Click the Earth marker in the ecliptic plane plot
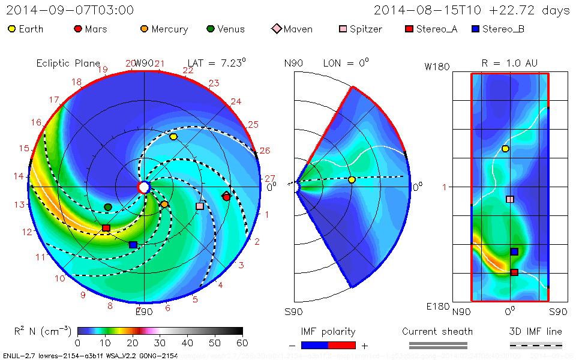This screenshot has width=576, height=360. click(173, 137)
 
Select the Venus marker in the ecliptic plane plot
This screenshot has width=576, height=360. click(108, 207)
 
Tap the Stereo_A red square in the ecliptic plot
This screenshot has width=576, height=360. click(106, 228)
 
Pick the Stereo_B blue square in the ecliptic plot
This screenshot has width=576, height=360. click(133, 245)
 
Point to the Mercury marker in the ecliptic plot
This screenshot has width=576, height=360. click(164, 205)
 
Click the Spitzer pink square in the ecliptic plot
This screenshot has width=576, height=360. click(200, 206)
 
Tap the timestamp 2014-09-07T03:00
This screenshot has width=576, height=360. click(70, 10)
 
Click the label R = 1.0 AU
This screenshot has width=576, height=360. click(509, 63)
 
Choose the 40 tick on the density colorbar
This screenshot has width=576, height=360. click(187, 343)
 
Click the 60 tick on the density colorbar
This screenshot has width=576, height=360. click(242, 343)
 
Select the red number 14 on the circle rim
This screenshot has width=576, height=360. click(19, 176)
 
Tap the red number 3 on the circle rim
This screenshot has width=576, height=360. click(241, 265)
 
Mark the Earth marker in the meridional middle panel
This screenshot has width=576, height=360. click(352, 179)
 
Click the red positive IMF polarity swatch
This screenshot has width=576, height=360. click(342, 345)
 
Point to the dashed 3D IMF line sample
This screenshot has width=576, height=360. click(536, 345)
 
